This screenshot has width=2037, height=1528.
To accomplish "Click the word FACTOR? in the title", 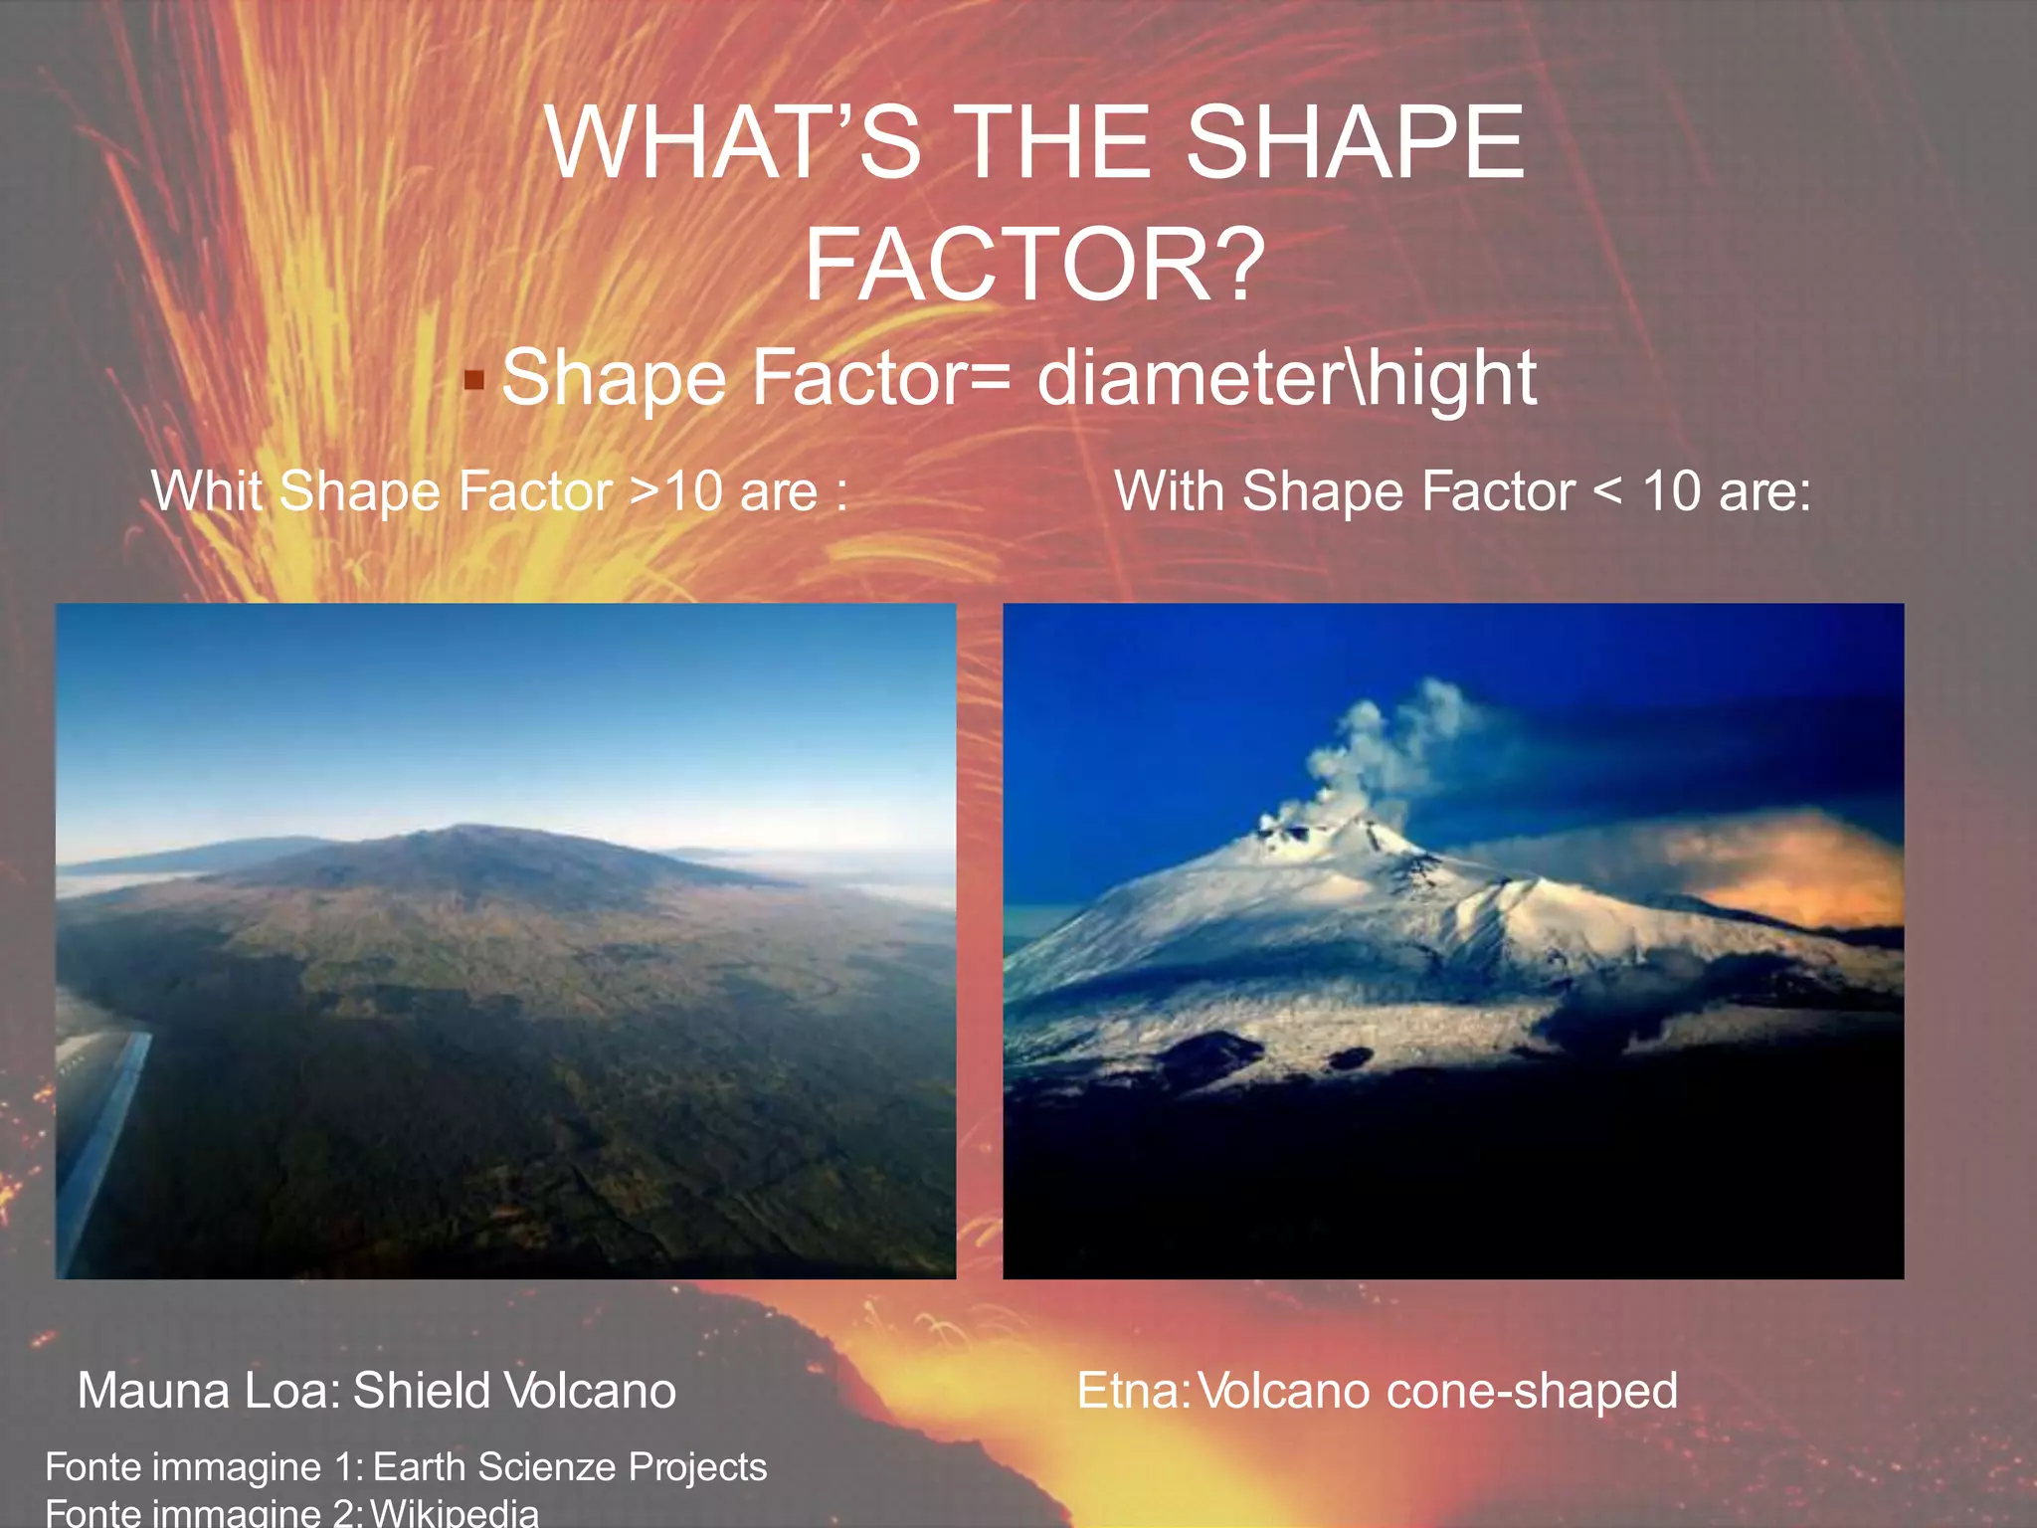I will point(1034,266).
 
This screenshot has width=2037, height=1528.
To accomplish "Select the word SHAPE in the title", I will point(1355,143).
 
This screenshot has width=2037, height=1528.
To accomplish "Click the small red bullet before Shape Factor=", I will point(474,380).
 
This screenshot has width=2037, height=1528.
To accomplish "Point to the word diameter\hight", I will point(1286,378).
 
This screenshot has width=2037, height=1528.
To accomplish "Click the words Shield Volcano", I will point(514,1391).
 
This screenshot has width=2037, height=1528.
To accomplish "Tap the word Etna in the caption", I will point(1130,1391).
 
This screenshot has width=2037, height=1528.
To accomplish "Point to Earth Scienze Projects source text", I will point(569,1467).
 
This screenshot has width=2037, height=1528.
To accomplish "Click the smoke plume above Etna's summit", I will point(1392,746).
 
